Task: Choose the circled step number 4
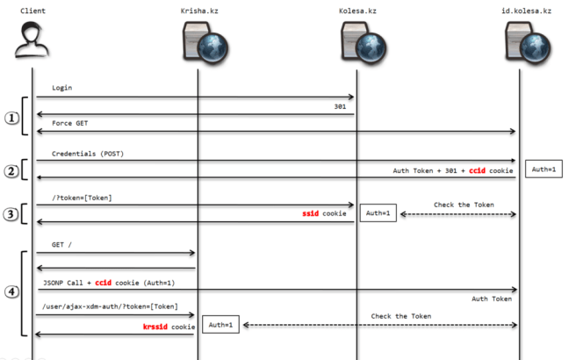coord(11,293)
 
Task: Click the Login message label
coord(62,89)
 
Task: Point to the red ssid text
coord(312,213)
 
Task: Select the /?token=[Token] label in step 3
coord(83,198)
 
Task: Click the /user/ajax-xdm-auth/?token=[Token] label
coord(108,306)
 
